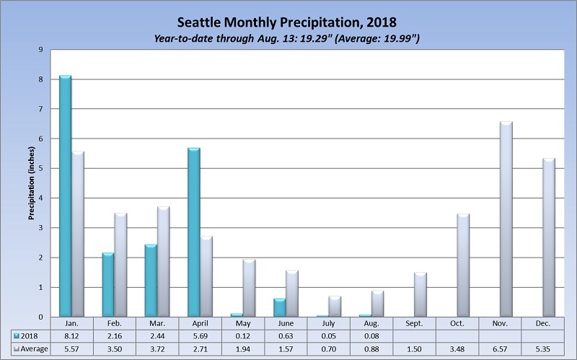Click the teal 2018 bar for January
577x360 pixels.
click(65, 196)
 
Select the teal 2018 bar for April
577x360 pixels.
click(193, 232)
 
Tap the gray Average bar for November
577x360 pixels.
click(506, 220)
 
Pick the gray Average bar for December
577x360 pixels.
click(548, 238)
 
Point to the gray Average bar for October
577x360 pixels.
click(463, 265)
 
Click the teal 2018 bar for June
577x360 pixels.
click(279, 307)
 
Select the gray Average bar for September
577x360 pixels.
click(420, 294)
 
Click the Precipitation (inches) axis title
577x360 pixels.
click(32, 183)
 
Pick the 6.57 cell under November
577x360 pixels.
click(500, 348)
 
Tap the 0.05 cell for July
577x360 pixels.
click(327, 336)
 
